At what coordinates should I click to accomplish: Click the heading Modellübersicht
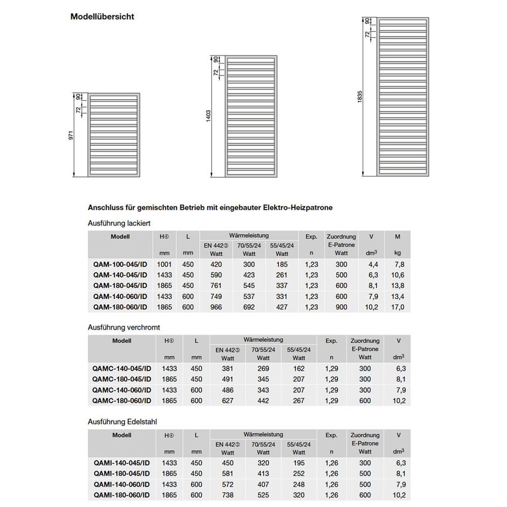102,16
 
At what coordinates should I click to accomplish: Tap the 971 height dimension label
71,136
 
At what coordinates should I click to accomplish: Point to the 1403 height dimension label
208,116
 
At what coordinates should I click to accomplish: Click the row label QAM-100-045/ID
121,264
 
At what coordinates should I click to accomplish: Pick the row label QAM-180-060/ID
121,307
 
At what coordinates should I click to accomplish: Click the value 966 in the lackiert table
216,307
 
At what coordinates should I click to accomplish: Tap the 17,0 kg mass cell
398,307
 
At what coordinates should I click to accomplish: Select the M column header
397,236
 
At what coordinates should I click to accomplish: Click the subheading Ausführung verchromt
124,328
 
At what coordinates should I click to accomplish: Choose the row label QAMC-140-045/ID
122,369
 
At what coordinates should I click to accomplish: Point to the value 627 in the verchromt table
228,401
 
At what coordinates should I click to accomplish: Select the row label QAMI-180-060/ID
122,495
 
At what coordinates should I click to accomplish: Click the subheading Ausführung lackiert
119,223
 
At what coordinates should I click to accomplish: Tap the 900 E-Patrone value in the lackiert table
341,307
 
